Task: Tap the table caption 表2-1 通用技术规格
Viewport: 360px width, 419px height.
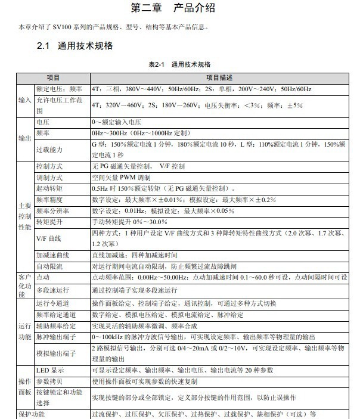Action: coord(179,64)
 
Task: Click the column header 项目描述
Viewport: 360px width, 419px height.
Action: coord(219,78)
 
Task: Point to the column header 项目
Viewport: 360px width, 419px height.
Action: coord(53,78)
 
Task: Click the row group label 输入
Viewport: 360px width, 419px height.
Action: coord(24,100)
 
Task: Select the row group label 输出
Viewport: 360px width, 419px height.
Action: coord(24,138)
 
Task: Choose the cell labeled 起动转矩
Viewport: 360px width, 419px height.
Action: coord(49,188)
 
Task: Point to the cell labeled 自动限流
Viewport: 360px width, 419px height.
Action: coord(49,265)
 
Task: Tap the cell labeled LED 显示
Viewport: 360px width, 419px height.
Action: coord(49,370)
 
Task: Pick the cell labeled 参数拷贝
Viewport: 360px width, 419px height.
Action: coord(49,380)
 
